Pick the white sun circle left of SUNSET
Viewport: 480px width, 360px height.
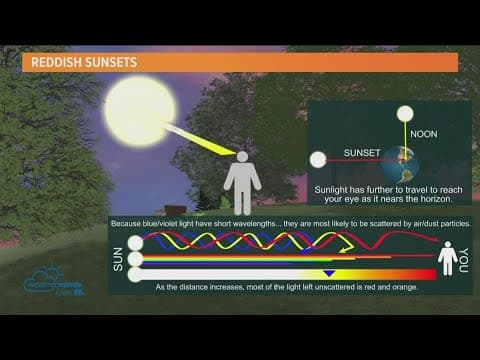pos(318,158)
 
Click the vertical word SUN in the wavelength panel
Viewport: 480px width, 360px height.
pos(118,257)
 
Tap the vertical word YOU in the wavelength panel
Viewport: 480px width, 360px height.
pos(463,257)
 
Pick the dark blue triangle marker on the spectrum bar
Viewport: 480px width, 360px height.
pos(329,273)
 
